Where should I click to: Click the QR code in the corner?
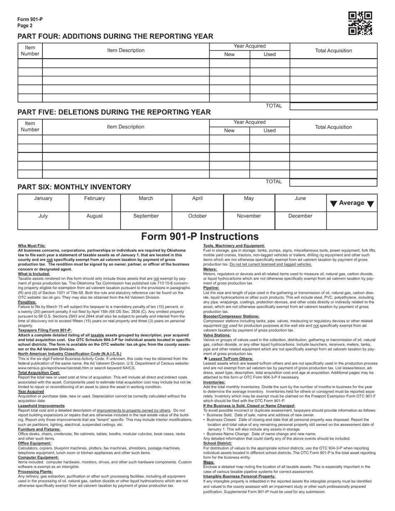[360, 23]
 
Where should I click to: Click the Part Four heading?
[115, 36]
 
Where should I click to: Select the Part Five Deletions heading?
[114, 112]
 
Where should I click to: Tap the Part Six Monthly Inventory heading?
[74, 187]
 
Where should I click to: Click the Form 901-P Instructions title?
[200, 236]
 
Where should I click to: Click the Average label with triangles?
[352, 203]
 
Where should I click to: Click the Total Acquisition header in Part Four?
[333, 51]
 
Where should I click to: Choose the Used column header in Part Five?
[269, 130]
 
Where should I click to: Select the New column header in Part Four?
[229, 54]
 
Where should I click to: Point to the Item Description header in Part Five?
[126, 127]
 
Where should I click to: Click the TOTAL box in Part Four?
[333, 106]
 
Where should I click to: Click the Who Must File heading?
[32, 246]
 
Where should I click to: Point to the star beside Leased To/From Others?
[205, 358]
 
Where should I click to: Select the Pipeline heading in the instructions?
[211, 287]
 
